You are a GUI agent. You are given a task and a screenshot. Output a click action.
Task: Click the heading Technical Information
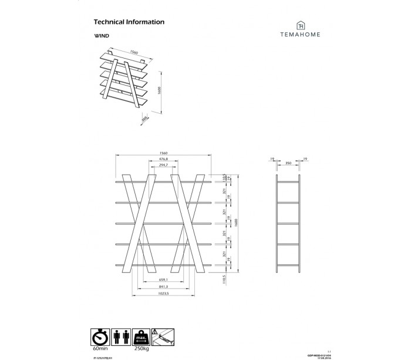click(x=129, y=22)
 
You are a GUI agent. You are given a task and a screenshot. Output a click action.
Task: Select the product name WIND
click(x=101, y=36)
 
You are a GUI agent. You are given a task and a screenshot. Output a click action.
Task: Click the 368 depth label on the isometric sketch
click(x=144, y=119)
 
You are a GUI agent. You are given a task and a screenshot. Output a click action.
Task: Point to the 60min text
click(x=99, y=348)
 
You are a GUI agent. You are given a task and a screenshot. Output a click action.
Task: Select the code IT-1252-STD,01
click(x=102, y=356)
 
